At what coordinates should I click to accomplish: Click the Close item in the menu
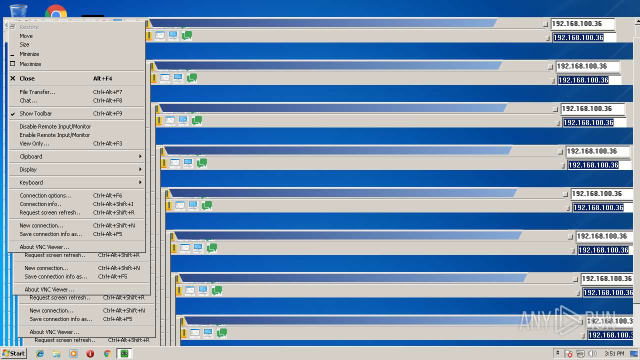pyautogui.click(x=27, y=78)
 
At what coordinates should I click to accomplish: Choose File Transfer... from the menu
pyautogui.click(x=37, y=92)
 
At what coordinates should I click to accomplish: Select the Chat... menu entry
pyautogui.click(x=28, y=100)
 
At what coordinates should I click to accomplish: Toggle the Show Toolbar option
pyautogui.click(x=36, y=113)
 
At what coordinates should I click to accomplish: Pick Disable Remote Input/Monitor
pyautogui.click(x=55, y=126)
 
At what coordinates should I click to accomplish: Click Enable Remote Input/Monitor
pyautogui.click(x=54, y=135)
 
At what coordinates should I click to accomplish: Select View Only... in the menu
pyautogui.click(x=34, y=143)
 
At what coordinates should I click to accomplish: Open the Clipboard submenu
pyautogui.click(x=31, y=156)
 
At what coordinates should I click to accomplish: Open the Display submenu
pyautogui.click(x=28, y=169)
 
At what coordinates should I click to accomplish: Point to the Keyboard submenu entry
pyautogui.click(x=31, y=182)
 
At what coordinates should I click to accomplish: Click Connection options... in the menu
pyautogui.click(x=45, y=195)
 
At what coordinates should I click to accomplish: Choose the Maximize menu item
pyautogui.click(x=30, y=64)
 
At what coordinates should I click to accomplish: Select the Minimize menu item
pyautogui.click(x=29, y=54)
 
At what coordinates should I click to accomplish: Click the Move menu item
pyautogui.click(x=26, y=36)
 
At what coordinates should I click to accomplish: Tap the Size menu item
pyautogui.click(x=24, y=44)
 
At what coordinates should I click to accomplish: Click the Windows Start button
pyautogui.click(x=13, y=353)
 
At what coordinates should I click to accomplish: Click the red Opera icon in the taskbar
pyautogui.click(x=90, y=353)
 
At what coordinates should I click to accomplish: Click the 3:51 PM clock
pyautogui.click(x=614, y=353)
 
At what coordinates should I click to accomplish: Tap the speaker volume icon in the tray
pyautogui.click(x=592, y=353)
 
